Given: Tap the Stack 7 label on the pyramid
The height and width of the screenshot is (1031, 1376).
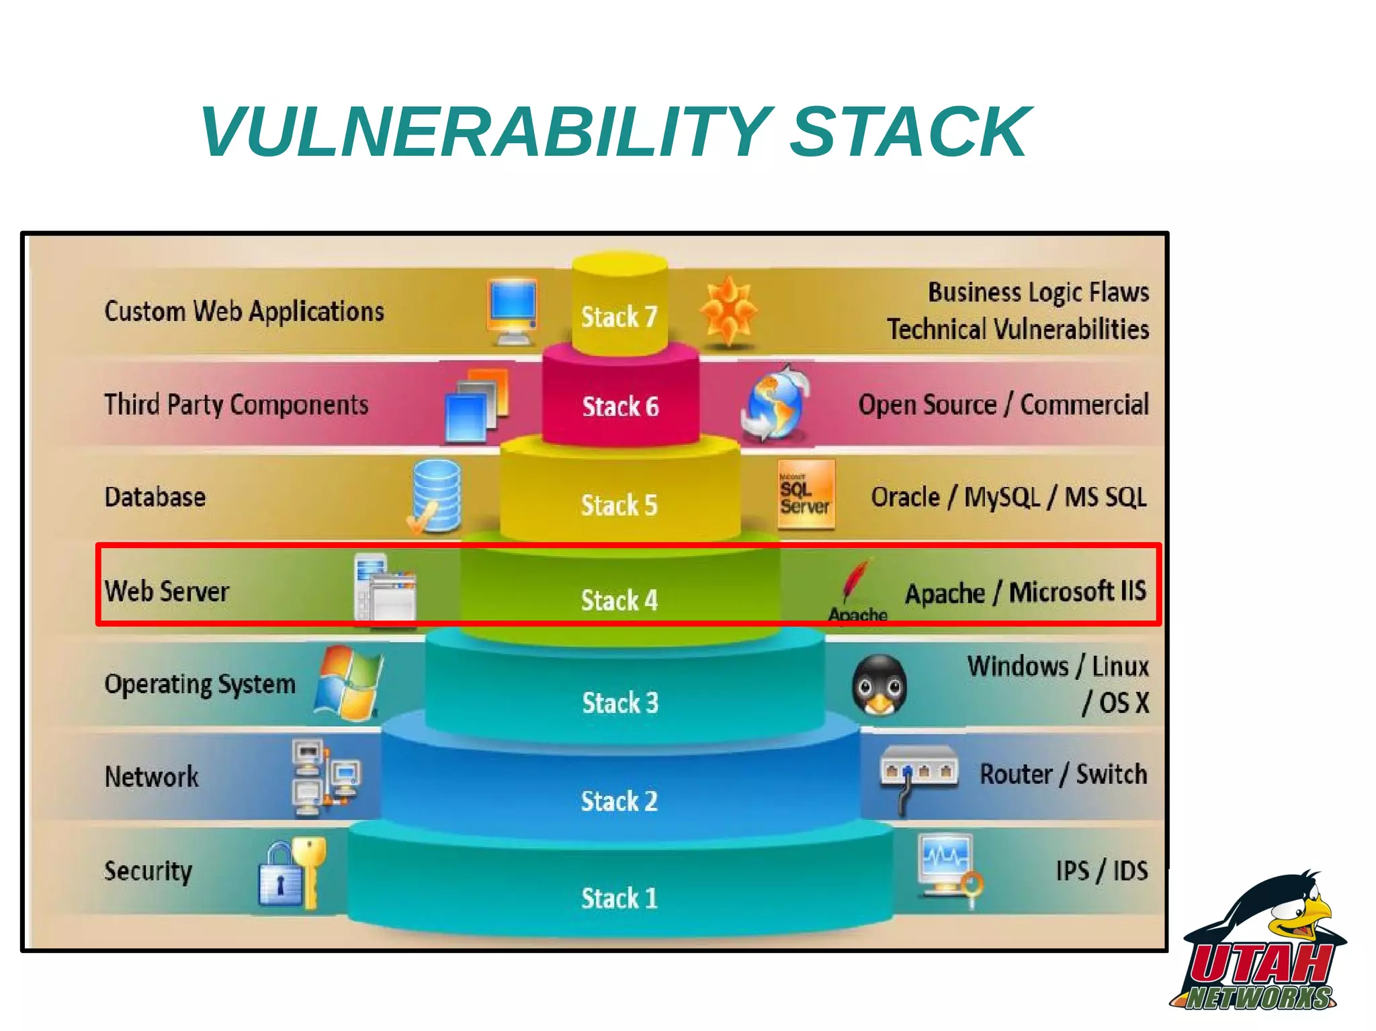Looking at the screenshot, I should pos(619,317).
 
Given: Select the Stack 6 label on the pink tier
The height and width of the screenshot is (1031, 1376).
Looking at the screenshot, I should pos(620,407).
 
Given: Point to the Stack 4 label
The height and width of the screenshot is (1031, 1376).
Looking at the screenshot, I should pos(619,600).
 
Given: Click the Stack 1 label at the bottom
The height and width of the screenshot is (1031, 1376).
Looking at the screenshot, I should pos(619,898).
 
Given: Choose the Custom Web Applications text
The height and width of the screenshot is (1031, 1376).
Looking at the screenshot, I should pos(244,312).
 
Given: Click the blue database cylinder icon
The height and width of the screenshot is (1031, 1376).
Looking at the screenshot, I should pos(436,496).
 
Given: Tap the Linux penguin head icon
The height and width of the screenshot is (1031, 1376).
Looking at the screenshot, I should pos(879,686).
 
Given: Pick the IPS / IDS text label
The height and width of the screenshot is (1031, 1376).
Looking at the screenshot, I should pos(1101,871).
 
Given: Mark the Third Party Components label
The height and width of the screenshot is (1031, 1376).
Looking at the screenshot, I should pos(236,405).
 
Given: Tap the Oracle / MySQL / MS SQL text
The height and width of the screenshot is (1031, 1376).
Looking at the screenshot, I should pos(1008,498).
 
